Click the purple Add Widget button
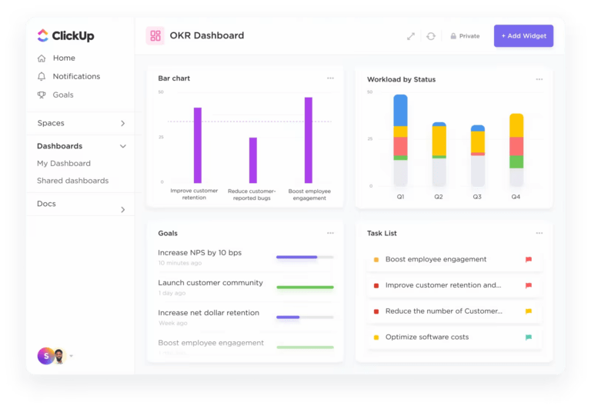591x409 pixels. [523, 36]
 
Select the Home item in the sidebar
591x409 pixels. [63, 58]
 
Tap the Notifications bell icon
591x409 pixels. [42, 77]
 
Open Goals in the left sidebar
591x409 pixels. [62, 95]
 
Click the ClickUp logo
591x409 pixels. [65, 35]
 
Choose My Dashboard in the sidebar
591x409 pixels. [64, 164]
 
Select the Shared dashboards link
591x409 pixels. [72, 181]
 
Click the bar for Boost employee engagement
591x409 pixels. [308, 140]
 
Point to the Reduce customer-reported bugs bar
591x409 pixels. [253, 160]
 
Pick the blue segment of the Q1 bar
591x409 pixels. [400, 111]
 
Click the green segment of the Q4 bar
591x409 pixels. [516, 162]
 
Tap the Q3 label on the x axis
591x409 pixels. [477, 198]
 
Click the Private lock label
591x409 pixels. [465, 36]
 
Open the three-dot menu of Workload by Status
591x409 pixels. [539, 78]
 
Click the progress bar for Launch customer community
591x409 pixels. [305, 287]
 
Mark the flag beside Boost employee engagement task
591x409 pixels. [528, 260]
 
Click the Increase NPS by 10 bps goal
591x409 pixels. [199, 253]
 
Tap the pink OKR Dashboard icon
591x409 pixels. [156, 35]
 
